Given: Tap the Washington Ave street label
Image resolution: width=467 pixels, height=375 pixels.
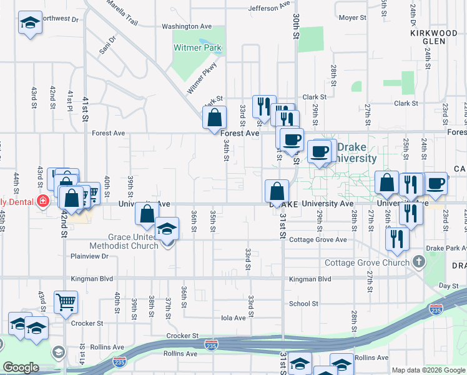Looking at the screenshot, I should pos(187,26).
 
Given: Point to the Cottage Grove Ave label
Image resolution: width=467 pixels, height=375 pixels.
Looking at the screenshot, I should pos(317,240).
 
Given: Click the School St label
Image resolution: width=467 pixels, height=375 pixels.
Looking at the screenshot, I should pos(303,304).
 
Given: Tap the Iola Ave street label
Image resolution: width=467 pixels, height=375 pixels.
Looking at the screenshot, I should pos(234,318).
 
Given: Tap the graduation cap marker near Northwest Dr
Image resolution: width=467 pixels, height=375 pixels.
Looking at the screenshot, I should pos(29,24).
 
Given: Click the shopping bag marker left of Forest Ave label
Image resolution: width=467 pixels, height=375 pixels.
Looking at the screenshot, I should pos(214,117).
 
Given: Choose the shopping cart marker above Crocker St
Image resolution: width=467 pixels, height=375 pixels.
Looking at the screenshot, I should pos(66,302).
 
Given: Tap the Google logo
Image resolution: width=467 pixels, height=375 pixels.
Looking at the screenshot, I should pos(21,367).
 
